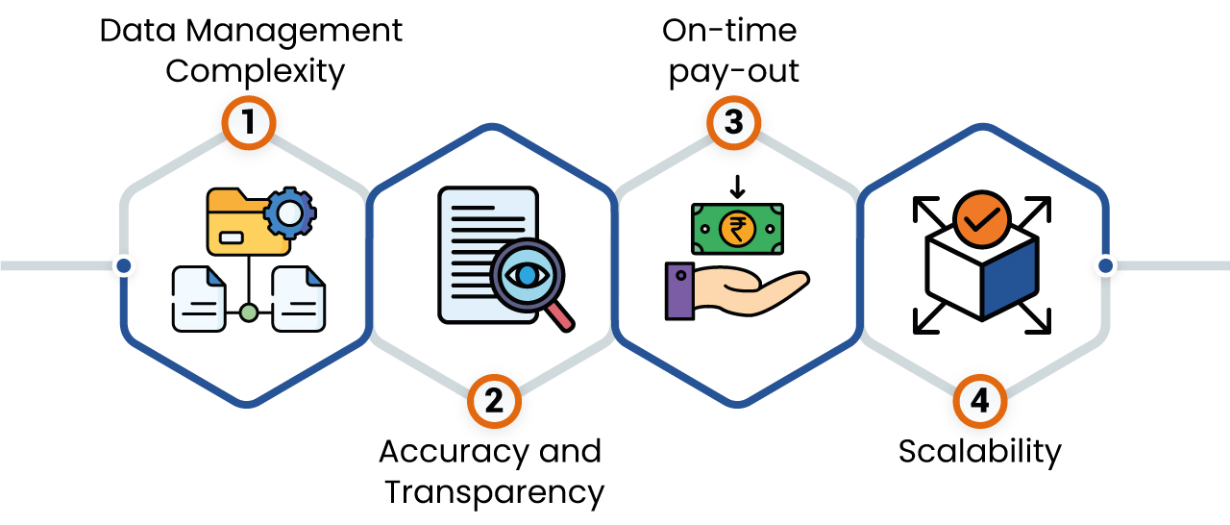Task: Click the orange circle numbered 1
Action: (249, 123)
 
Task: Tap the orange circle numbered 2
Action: (494, 400)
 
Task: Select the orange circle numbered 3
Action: (734, 123)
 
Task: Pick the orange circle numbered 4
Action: (979, 400)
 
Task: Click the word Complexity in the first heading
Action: (255, 72)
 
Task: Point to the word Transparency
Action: (494, 492)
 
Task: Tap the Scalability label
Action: (979, 451)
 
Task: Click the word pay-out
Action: (734, 72)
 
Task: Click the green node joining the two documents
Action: (249, 312)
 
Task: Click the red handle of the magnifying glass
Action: (561, 317)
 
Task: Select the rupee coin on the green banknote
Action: (737, 229)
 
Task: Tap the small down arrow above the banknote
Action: (737, 185)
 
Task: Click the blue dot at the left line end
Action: (123, 265)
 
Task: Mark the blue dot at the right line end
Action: (1105, 265)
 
